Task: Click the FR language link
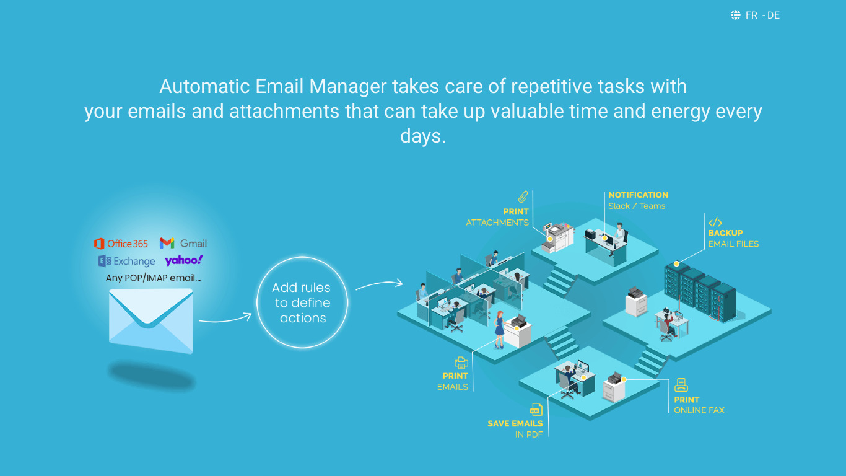pyautogui.click(x=751, y=15)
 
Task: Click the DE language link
pyautogui.click(x=774, y=15)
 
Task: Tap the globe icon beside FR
pyautogui.click(x=736, y=15)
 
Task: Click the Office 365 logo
pyautogui.click(x=121, y=244)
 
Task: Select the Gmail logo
pyautogui.click(x=183, y=244)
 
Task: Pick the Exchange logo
pyautogui.click(x=126, y=261)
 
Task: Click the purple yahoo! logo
pyautogui.click(x=184, y=260)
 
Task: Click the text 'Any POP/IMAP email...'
pyautogui.click(x=153, y=278)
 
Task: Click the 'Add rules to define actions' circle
pyautogui.click(x=302, y=302)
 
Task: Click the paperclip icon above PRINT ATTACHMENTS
pyautogui.click(x=523, y=197)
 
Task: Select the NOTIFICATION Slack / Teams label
pyautogui.click(x=638, y=200)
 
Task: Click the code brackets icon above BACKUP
pyautogui.click(x=715, y=222)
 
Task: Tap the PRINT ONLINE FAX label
pyautogui.click(x=699, y=405)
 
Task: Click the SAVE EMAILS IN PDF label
pyautogui.click(x=515, y=429)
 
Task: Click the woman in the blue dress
pyautogui.click(x=499, y=329)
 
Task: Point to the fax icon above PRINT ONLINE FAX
pyautogui.click(x=681, y=385)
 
